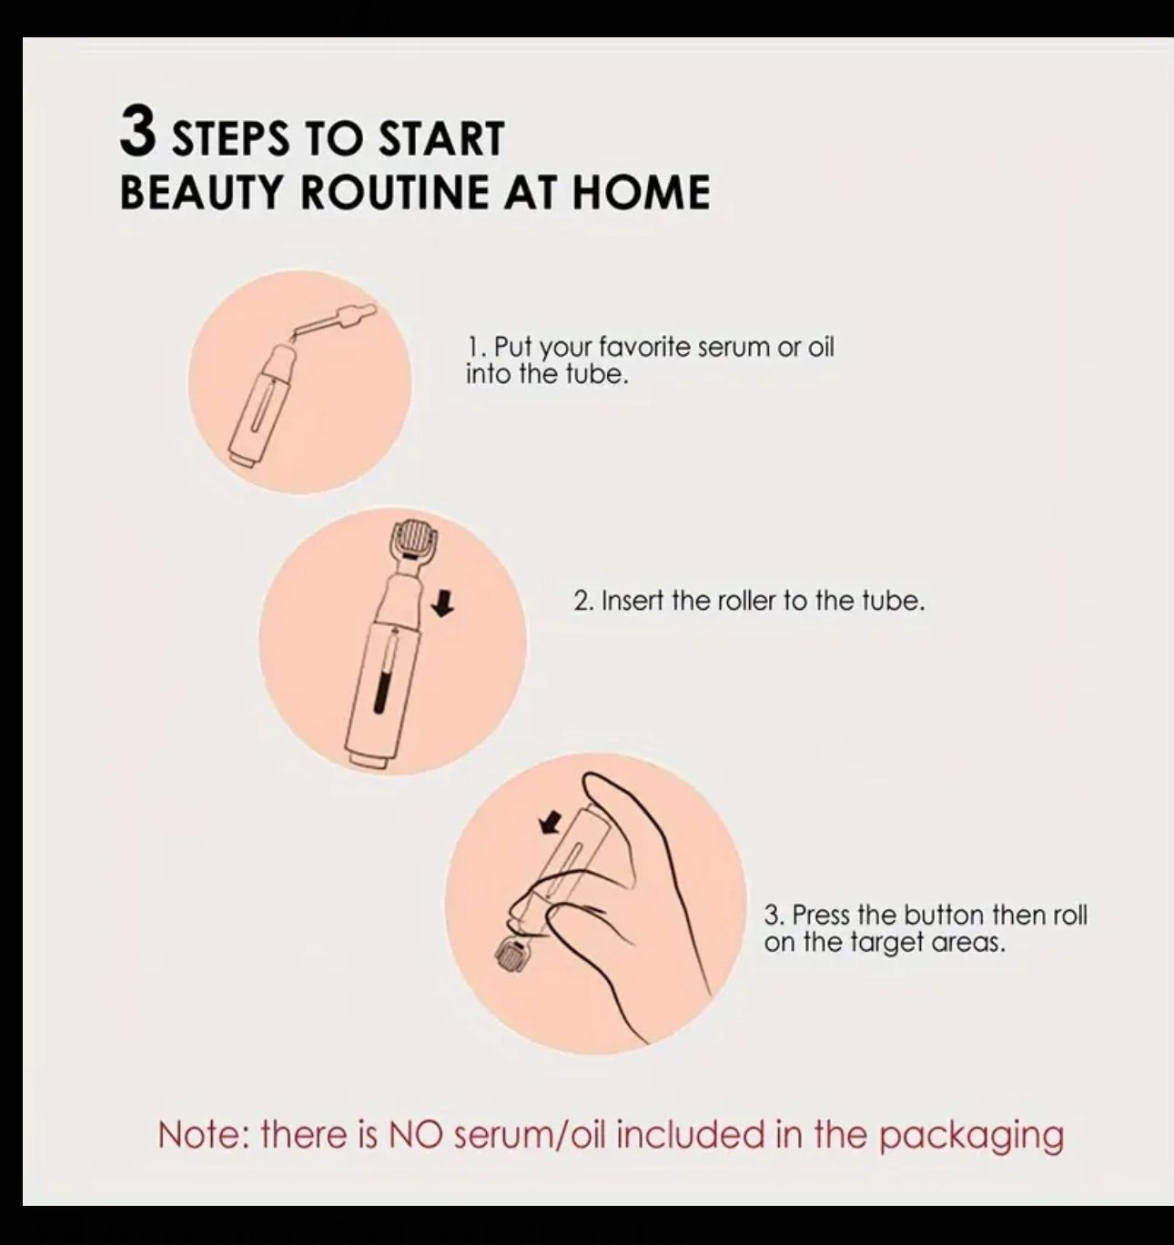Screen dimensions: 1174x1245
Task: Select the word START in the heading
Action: point(442,137)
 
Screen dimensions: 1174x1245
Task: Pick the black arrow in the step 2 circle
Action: point(445,606)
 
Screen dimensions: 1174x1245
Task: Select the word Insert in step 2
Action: point(632,602)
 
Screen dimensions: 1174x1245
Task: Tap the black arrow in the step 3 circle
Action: point(551,819)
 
